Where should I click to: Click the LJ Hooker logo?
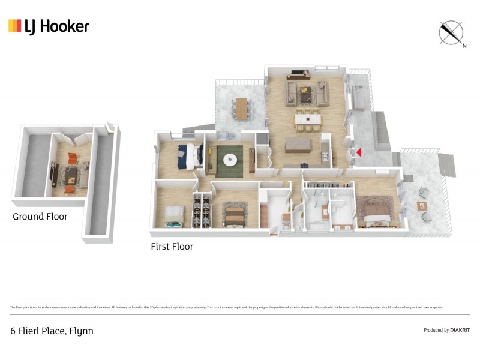coord(49,26)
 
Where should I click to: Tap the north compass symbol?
coord(451,33)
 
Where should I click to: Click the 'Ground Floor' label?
coord(40,217)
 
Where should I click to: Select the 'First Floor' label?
coord(173,247)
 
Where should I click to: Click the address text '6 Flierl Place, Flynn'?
coord(52,331)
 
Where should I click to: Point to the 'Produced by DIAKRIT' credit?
coord(446,330)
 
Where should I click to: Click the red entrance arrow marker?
coord(359,153)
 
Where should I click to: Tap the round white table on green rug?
coord(230,160)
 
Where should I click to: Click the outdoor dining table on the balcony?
coord(242,109)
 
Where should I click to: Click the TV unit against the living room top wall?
coord(298,74)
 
